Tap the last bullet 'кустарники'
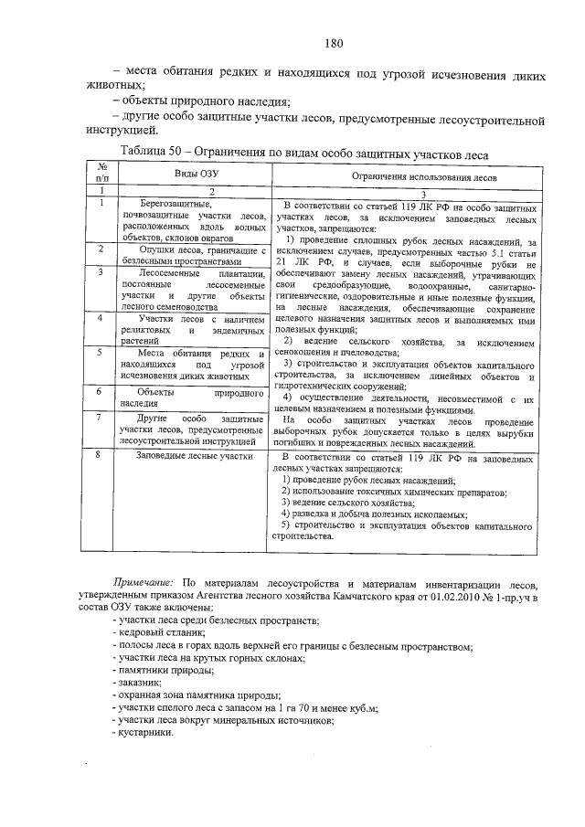(x=146, y=732)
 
